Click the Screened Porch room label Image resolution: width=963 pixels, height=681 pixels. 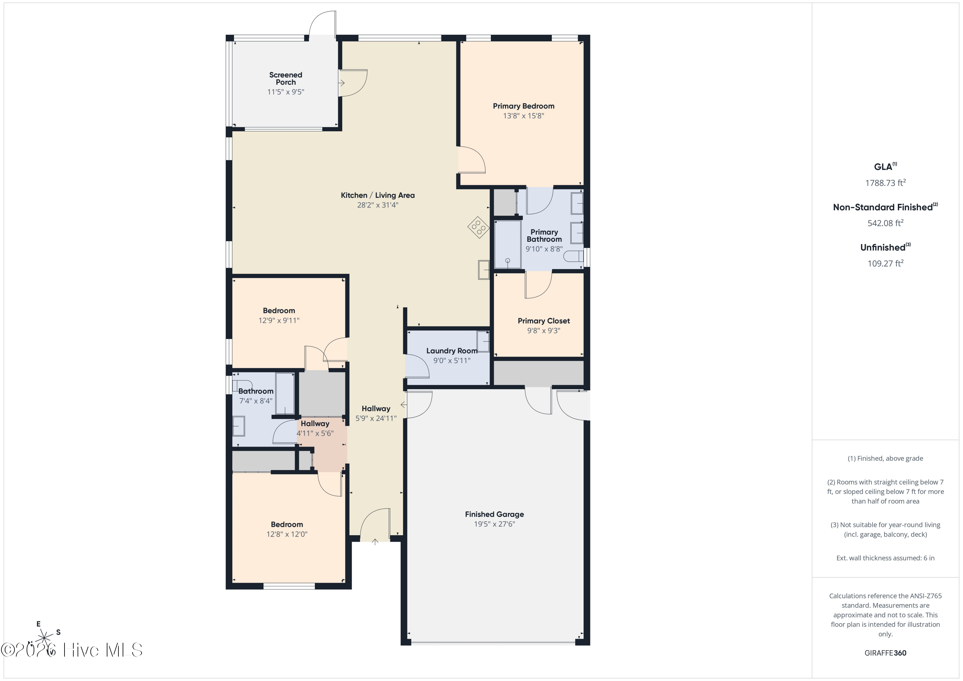click(286, 78)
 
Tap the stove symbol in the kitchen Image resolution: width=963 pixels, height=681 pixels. click(479, 227)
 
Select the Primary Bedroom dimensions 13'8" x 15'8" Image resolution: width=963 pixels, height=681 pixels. click(524, 116)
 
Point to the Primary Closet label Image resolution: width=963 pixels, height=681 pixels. click(543, 321)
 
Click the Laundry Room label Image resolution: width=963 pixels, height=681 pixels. click(452, 351)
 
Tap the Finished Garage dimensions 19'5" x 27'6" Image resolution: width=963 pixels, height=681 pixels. click(495, 524)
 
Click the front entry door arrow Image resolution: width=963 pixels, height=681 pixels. click(375, 542)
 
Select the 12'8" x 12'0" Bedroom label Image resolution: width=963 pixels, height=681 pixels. click(287, 525)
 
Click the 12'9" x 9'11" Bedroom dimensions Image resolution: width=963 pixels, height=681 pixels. click(279, 320)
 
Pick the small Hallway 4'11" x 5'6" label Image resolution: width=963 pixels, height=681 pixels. click(315, 424)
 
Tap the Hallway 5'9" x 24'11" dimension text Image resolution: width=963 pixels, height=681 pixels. click(376, 418)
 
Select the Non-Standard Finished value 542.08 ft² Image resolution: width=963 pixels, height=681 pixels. click(885, 223)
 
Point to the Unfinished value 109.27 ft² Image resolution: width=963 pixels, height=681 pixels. click(885, 263)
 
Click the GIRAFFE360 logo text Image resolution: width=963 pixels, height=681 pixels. click(885, 653)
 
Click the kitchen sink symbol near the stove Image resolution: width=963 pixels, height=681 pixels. click(484, 270)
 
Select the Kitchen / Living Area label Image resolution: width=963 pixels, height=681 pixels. click(377, 195)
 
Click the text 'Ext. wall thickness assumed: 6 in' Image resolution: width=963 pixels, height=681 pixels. click(885, 558)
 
